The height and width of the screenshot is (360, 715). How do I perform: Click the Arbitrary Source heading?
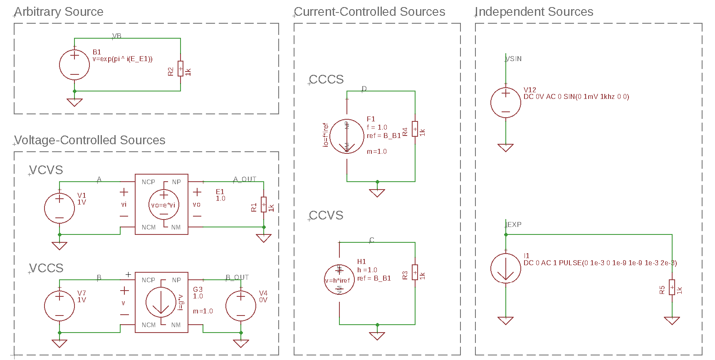pyautogui.click(x=59, y=12)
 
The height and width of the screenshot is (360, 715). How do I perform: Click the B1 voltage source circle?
pyautogui.click(x=74, y=65)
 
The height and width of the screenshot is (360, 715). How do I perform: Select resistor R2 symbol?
pyautogui.click(x=181, y=69)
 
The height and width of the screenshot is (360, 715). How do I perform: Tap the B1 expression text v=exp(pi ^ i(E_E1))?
pyautogui.click(x=122, y=59)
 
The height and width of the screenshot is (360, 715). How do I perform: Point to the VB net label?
pyautogui.click(x=117, y=36)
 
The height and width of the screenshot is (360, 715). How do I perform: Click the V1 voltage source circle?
pyautogui.click(x=59, y=208)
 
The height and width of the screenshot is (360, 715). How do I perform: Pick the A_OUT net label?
pyautogui.click(x=245, y=179)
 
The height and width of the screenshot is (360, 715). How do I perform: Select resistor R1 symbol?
pyautogui.click(x=264, y=205)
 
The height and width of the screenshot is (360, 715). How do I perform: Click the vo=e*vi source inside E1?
pyautogui.click(x=164, y=205)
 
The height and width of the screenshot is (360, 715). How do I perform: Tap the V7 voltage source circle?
pyautogui.click(x=59, y=306)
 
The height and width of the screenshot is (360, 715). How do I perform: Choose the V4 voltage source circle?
pyautogui.click(x=241, y=306)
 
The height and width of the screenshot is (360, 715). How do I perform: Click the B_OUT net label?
pyautogui.click(x=237, y=277)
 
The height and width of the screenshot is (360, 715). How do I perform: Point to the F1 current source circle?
pyautogui.click(x=347, y=136)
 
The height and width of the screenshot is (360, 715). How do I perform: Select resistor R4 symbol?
pyautogui.click(x=415, y=129)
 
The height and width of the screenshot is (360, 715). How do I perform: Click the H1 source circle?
pyautogui.click(x=339, y=280)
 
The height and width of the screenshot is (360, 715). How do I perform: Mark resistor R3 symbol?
pyautogui.click(x=415, y=273)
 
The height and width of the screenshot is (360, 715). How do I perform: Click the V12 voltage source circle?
pyautogui.click(x=506, y=103)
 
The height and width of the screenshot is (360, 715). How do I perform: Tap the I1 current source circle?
pyautogui.click(x=506, y=268)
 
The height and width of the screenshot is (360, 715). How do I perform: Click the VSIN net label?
pyautogui.click(x=514, y=59)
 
